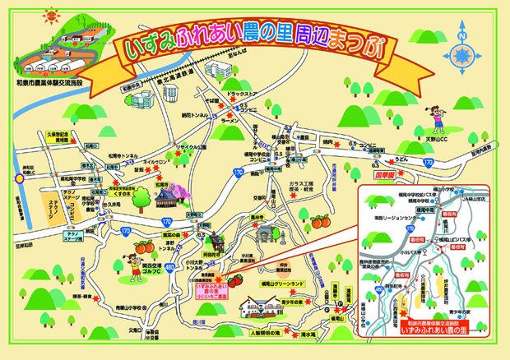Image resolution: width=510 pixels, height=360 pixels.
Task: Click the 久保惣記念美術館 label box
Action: point(63,136)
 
